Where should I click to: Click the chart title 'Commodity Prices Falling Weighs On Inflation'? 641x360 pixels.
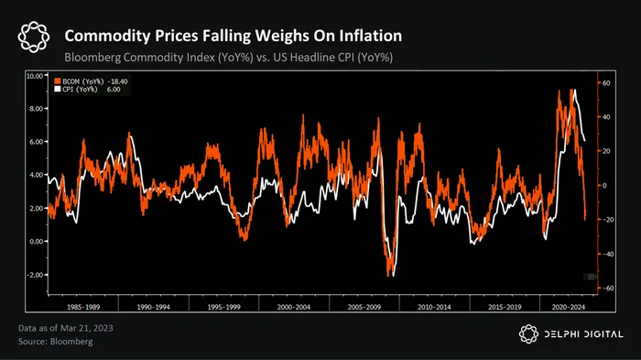pos(233,36)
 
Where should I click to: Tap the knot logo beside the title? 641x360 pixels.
pos(34,38)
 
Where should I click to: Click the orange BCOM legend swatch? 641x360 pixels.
pos(58,82)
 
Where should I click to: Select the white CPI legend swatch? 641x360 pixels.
pos(58,89)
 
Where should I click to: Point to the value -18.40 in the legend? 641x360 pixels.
pos(117,82)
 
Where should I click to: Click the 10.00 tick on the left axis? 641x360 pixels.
pos(35,76)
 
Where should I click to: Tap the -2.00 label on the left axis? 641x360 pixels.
pos(35,275)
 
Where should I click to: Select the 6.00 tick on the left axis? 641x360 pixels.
pos(36,142)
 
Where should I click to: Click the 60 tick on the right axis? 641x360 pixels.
pos(606,83)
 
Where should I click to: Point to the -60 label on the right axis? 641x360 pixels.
pos(608,289)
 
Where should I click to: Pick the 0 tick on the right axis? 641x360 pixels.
pos(604,186)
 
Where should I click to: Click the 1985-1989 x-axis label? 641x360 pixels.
pos(83,307)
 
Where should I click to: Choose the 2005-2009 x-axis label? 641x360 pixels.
pos(364,307)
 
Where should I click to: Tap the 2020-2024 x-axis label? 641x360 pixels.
pos(569,307)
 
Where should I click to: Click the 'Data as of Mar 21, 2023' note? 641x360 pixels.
pos(66,328)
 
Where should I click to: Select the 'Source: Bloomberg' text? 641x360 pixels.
pos(56,342)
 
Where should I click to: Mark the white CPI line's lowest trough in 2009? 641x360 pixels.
pos(393,276)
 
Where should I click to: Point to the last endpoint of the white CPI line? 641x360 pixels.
pos(584,141)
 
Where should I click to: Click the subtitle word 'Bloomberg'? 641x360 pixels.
pos(92,58)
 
